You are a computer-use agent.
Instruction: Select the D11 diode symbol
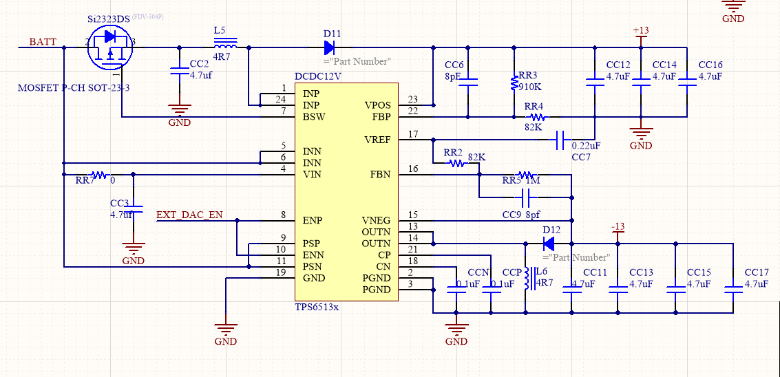coord(330,47)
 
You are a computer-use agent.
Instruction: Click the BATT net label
coord(43,42)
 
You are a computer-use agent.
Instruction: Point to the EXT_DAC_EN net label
coord(189,215)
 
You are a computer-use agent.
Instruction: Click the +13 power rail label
coord(641,31)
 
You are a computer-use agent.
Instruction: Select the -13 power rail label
coord(618,227)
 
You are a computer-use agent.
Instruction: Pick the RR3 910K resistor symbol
coord(514,83)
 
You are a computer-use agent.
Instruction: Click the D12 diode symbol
coord(549,243)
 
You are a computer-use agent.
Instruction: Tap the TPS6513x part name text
coord(317,307)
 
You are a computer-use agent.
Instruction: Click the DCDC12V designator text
coord(318,76)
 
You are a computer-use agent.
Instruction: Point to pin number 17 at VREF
coord(413,134)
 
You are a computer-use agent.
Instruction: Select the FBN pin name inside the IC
coord(379,175)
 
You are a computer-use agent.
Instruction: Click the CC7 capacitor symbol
coord(560,140)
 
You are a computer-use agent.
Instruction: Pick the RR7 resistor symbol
coord(100,175)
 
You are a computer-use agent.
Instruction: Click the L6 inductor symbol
coord(527,279)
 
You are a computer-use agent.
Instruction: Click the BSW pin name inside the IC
coord(314,117)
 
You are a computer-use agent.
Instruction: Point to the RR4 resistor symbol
coord(537,117)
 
